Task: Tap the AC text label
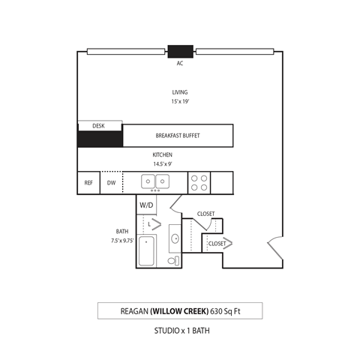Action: point(180,64)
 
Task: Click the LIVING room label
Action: point(180,92)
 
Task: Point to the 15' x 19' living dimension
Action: point(180,101)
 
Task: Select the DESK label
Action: point(98,126)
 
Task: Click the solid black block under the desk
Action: point(100,139)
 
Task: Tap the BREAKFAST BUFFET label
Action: point(178,136)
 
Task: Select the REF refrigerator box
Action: point(88,182)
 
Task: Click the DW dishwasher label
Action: point(111,182)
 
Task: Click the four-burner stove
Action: point(199,181)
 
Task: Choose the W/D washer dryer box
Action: point(146,204)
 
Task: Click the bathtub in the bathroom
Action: point(146,251)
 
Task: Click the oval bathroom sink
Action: point(175,239)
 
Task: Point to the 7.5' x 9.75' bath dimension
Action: point(121,241)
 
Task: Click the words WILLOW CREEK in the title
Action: point(179,310)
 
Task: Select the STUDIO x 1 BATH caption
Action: point(180,330)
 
